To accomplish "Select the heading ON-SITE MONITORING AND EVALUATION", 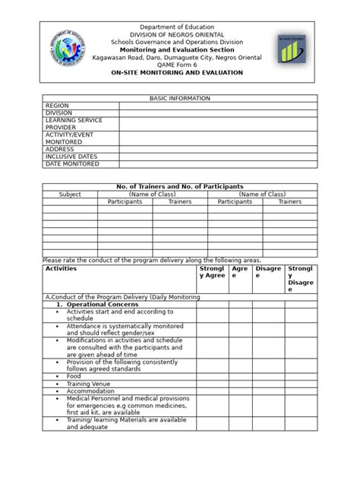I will [x=177, y=73].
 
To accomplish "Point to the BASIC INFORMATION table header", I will [x=180, y=99].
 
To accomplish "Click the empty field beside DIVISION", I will [x=218, y=113].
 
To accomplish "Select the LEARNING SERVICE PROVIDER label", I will [x=74, y=125].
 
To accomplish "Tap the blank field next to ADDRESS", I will [x=218, y=150].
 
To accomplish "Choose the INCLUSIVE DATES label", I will [x=72, y=156].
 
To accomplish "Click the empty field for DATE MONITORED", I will [x=218, y=164].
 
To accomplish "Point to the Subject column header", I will [x=70, y=194].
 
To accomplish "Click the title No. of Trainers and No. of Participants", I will [x=180, y=187].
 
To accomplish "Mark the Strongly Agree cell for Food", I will [x=212, y=376].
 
